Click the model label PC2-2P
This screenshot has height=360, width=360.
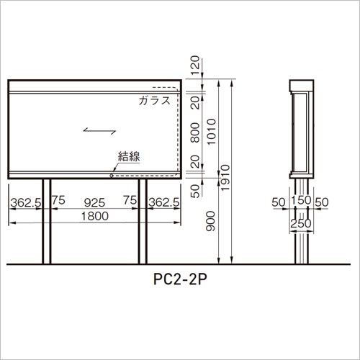click(x=180, y=279)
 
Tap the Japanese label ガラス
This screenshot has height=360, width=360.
click(x=154, y=100)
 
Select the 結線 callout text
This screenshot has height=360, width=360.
click(x=129, y=156)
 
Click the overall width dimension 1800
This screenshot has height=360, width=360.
click(x=95, y=216)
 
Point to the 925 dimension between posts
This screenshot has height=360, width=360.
click(x=94, y=203)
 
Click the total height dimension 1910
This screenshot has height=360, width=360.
click(x=225, y=178)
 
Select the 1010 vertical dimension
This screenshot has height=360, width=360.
click(x=212, y=132)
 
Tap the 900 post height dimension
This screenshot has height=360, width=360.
click(x=210, y=221)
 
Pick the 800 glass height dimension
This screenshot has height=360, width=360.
click(x=195, y=132)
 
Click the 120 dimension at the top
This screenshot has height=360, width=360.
click(x=195, y=66)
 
